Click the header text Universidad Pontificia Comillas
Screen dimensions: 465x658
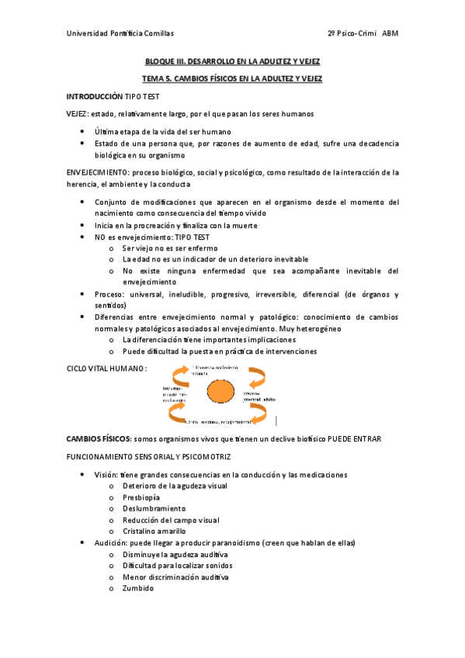click(120, 33)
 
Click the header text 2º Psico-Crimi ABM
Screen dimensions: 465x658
click(363, 33)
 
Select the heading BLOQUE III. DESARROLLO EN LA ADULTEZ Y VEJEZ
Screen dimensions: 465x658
click(232, 61)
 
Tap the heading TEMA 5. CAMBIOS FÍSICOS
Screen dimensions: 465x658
click(232, 79)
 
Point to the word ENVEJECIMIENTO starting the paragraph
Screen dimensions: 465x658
click(98, 172)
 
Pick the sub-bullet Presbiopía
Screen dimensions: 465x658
click(141, 497)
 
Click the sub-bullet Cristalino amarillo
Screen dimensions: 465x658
click(154, 532)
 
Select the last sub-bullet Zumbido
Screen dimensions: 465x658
click(137, 588)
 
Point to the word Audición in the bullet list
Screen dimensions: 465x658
click(111, 542)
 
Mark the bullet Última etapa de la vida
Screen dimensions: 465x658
click(163, 132)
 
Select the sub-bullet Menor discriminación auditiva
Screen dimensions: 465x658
click(175, 577)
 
